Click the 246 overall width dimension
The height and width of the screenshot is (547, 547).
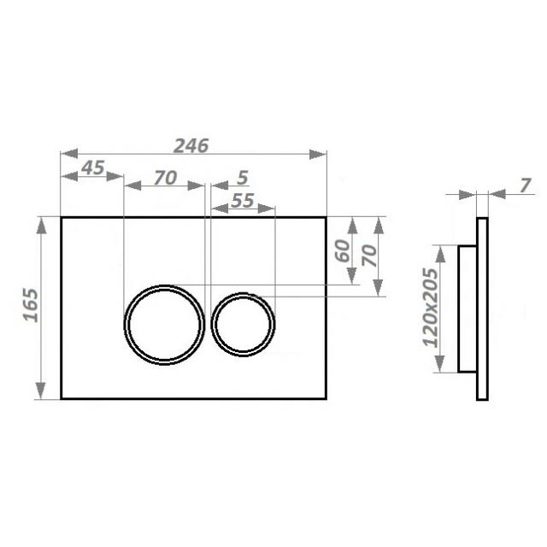point(191,146)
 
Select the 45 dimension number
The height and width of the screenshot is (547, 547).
point(93,168)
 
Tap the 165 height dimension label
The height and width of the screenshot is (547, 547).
point(31,305)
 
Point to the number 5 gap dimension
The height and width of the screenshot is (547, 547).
point(243,178)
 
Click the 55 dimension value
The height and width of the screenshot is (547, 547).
point(243,201)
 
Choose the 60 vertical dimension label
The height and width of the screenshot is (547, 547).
point(343,250)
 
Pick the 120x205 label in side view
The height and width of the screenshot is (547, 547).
point(430,308)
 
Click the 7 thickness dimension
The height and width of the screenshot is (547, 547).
point(525,185)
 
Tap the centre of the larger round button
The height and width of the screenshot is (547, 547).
point(164,325)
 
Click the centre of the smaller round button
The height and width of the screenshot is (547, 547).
point(243,325)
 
